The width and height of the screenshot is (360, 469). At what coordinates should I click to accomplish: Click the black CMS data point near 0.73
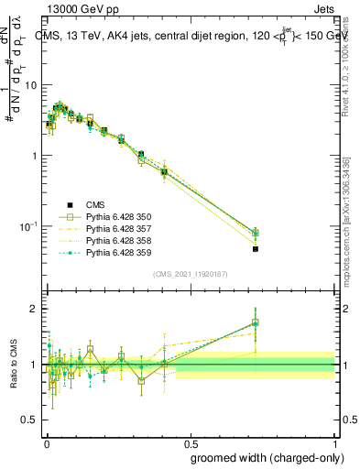(x=256, y=249)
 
